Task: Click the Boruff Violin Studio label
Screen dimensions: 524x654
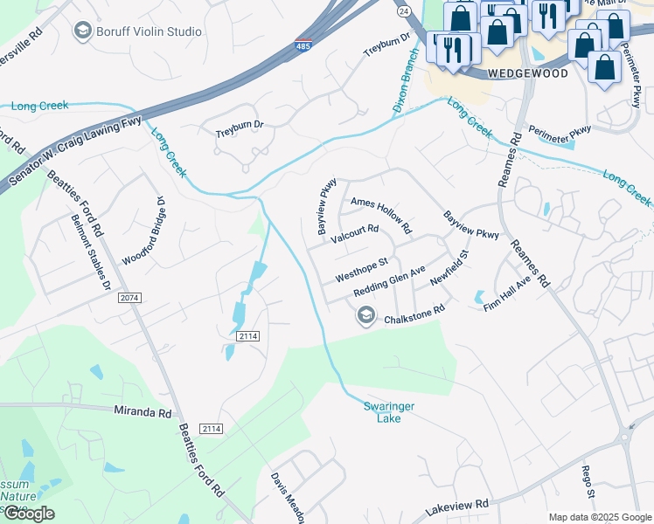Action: (150, 31)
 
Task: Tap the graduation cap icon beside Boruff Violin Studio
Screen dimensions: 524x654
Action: (84, 31)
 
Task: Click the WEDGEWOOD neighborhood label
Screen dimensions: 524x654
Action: (527, 73)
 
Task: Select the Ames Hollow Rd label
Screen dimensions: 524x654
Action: (381, 216)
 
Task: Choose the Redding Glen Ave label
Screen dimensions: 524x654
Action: (389, 282)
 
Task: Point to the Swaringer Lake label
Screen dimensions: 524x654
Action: (382, 411)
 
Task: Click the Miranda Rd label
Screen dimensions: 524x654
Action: (143, 410)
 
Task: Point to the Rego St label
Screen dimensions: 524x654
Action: (588, 481)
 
